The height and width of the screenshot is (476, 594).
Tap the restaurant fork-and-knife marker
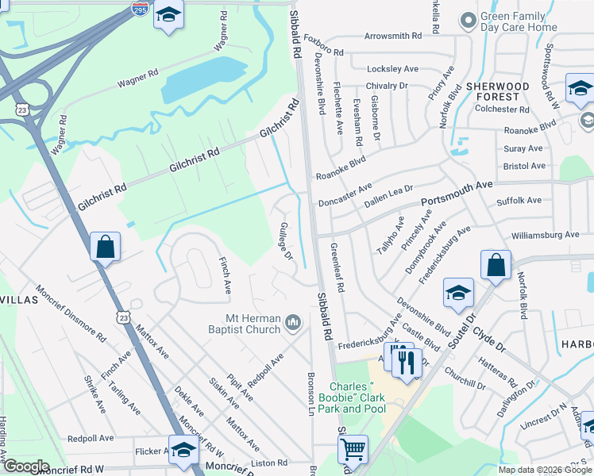point(407,363)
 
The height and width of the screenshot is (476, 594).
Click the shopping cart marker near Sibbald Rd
point(353,449)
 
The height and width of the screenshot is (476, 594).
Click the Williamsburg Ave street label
point(546,235)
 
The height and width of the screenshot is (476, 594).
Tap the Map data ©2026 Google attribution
point(544,470)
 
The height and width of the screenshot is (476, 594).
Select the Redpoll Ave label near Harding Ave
point(91,438)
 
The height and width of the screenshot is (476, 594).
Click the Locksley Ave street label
point(392,69)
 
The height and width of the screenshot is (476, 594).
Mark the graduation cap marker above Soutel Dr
point(458,293)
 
